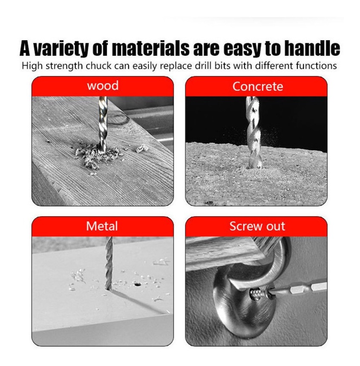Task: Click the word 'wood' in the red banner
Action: tap(103, 86)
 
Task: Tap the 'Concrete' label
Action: tap(258, 87)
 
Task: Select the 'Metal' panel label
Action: tap(102, 226)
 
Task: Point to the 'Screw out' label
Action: tap(257, 226)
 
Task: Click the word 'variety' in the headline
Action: tap(62, 49)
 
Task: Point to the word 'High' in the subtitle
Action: tap(32, 66)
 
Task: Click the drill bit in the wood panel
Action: tap(103, 125)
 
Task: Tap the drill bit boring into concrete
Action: tap(254, 132)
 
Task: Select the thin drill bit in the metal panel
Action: tap(109, 263)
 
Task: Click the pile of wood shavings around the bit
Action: tap(98, 155)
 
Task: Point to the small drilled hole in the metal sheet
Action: tap(138, 284)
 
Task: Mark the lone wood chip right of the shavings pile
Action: tap(142, 148)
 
